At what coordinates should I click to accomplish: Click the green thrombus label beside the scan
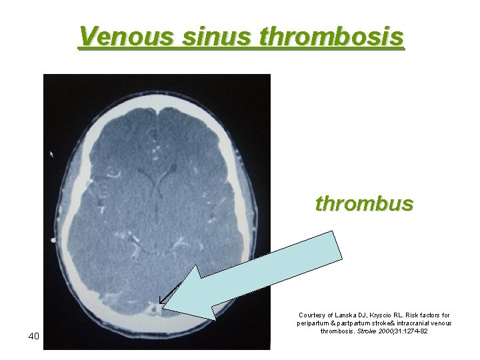click(x=364, y=203)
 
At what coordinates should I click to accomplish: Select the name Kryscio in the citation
click(x=383, y=315)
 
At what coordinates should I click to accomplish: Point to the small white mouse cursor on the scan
click(x=53, y=154)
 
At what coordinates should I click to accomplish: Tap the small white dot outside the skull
click(x=51, y=238)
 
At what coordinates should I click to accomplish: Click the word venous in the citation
click(x=441, y=323)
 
